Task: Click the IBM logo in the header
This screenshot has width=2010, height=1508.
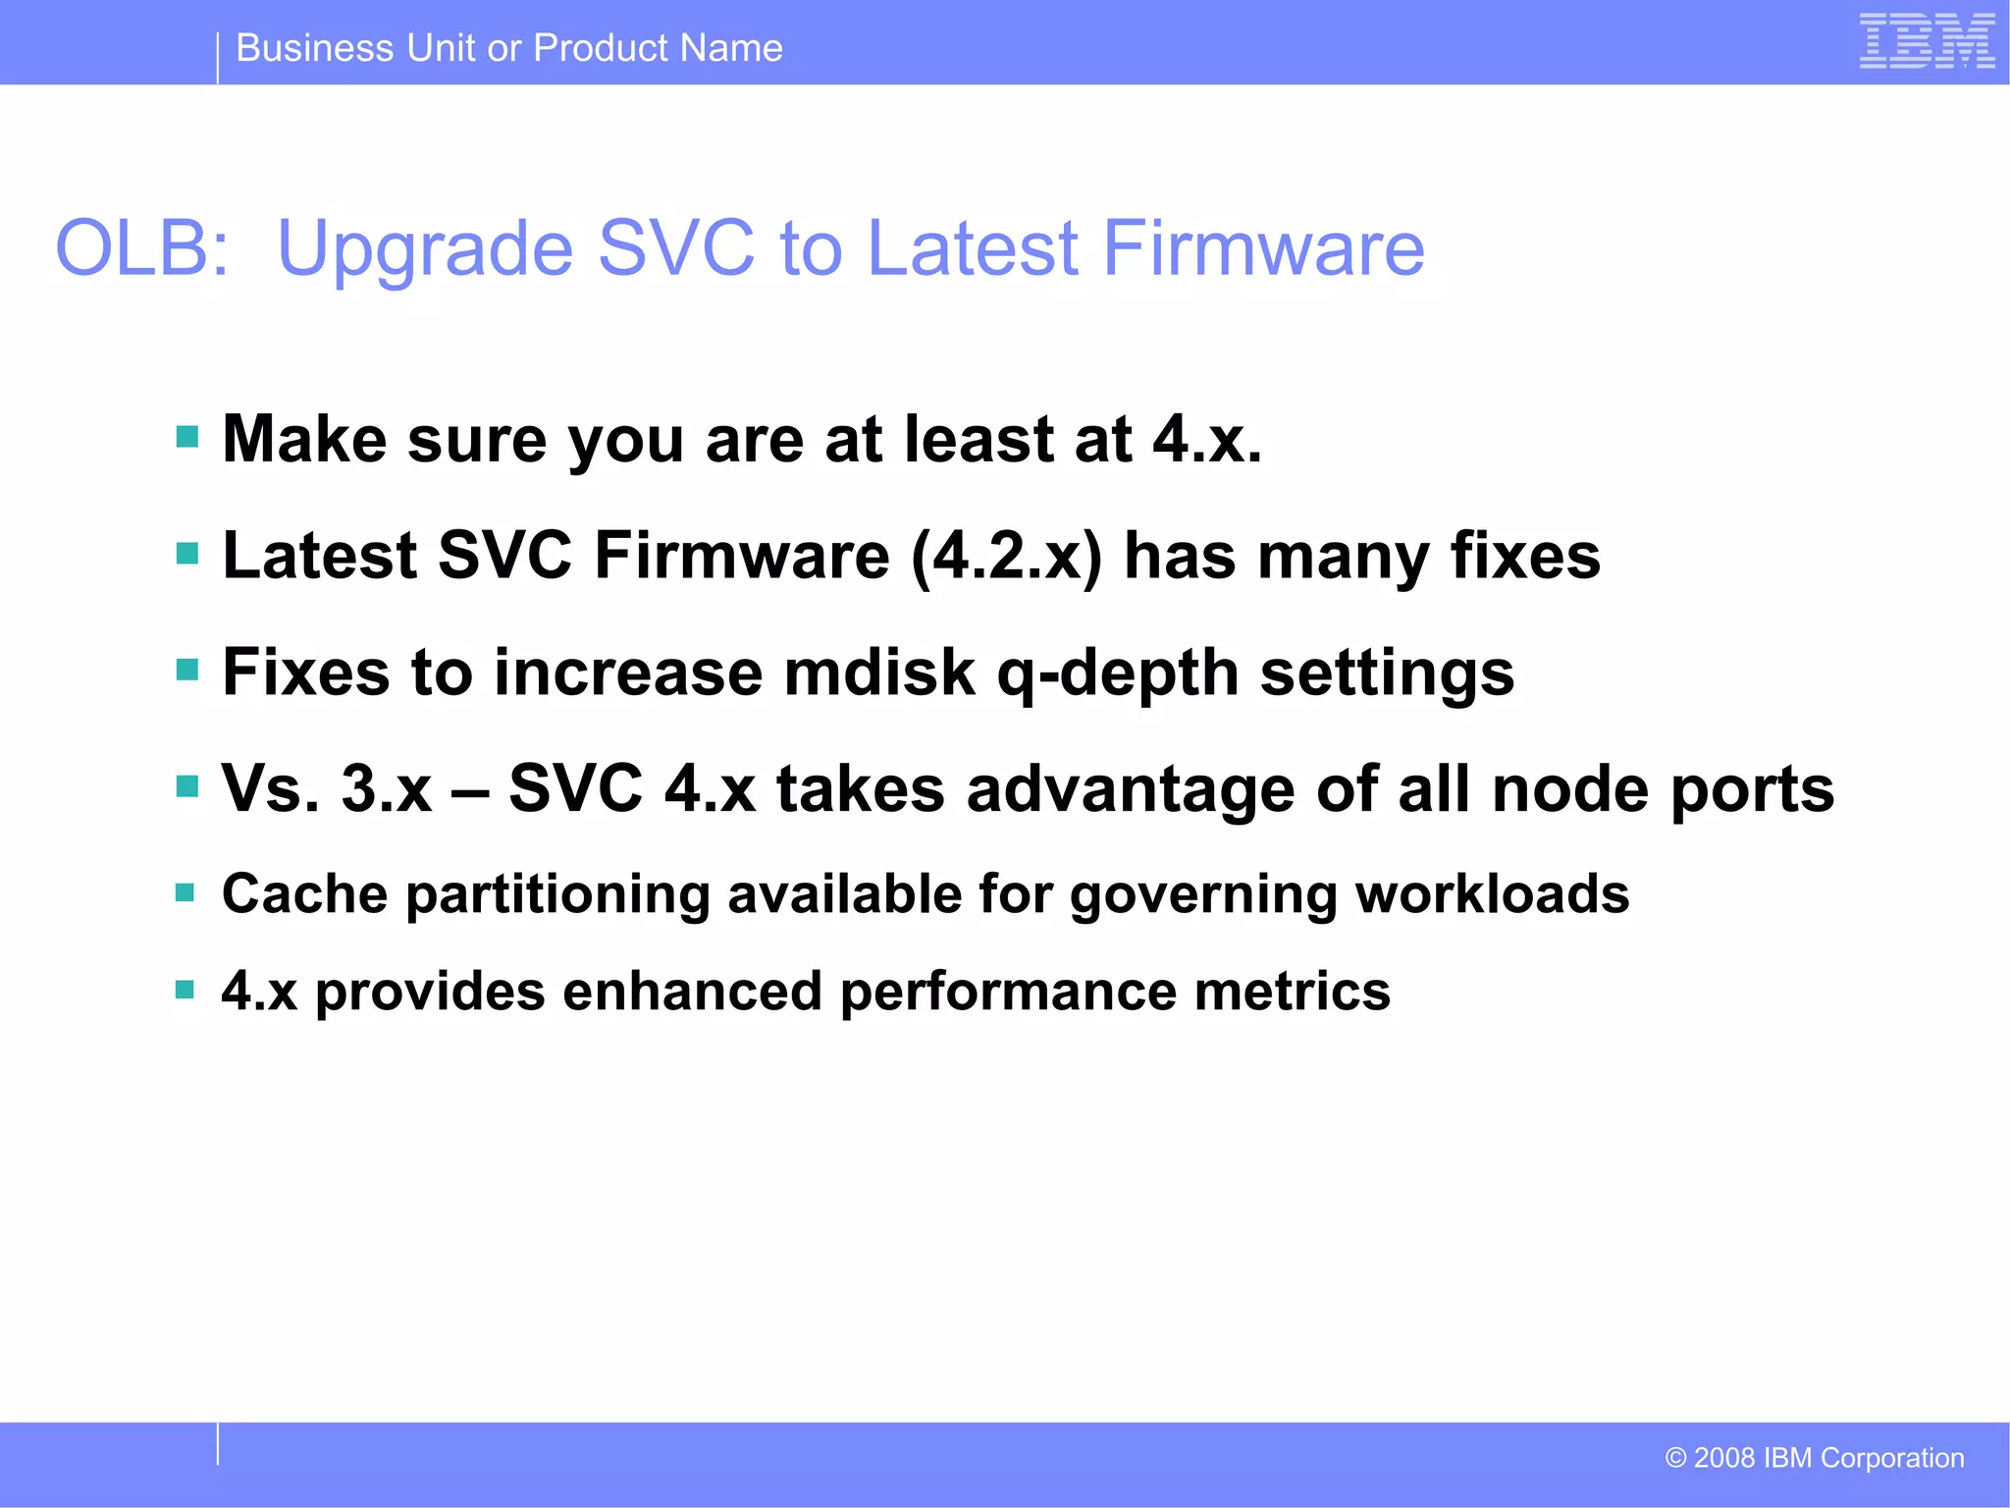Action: (1927, 41)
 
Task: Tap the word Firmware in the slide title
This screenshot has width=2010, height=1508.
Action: (1263, 248)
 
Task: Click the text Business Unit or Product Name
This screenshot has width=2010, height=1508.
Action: (509, 48)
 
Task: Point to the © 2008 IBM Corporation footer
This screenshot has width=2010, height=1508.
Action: (1815, 1458)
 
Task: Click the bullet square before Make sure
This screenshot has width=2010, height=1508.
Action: (186, 436)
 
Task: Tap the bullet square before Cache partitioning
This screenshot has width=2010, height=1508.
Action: (185, 892)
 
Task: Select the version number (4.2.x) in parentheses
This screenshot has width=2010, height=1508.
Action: (1007, 557)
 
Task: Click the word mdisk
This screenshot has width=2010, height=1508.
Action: (879, 673)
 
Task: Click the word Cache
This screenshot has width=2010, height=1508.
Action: (304, 894)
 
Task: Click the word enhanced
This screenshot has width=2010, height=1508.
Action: (692, 991)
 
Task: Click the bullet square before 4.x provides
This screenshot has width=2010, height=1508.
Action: (185, 989)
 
